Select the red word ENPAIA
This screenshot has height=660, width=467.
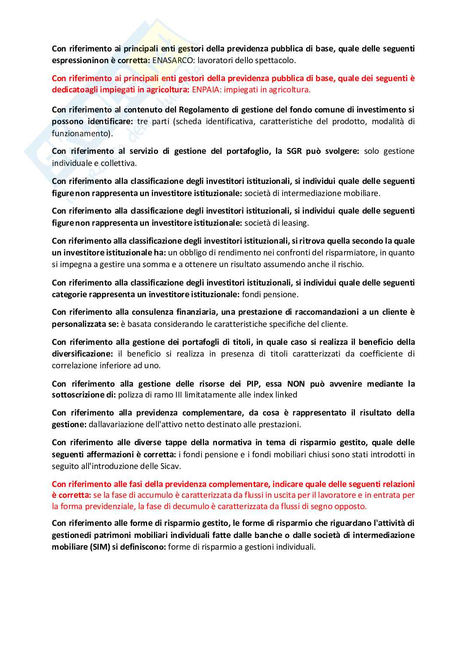click(x=206, y=89)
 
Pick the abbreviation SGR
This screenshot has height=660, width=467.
click(x=294, y=151)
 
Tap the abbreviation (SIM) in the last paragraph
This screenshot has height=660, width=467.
click(x=100, y=547)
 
